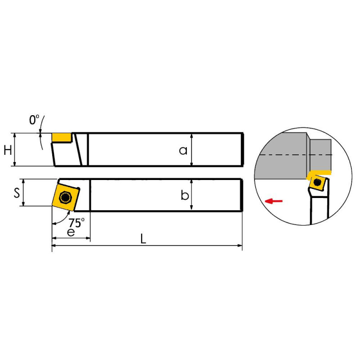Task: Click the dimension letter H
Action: (x=8, y=150)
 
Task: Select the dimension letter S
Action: (x=17, y=193)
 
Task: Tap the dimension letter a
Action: (x=183, y=151)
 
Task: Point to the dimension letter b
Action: (x=184, y=195)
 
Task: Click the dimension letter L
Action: (x=143, y=239)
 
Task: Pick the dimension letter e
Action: (x=71, y=232)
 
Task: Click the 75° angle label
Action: (x=76, y=222)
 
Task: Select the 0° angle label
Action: (x=34, y=120)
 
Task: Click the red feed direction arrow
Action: (x=274, y=201)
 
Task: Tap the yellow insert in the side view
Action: (x=61, y=138)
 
